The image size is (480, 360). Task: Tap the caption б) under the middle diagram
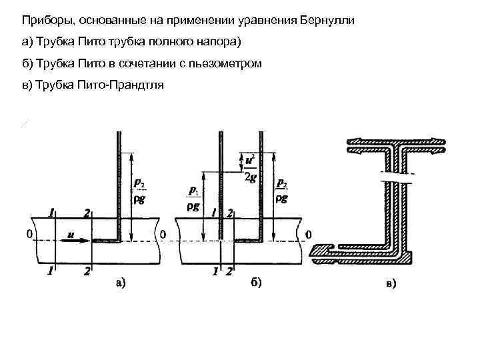(256, 283)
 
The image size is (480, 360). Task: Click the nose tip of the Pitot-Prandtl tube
(313, 252)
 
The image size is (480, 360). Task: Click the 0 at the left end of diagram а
(28, 235)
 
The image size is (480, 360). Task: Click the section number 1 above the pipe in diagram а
(51, 213)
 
